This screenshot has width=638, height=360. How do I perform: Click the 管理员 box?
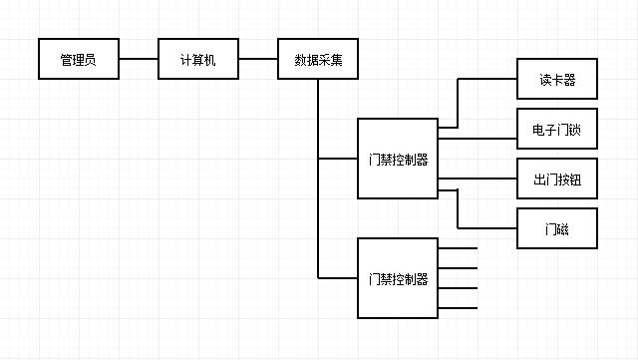(x=78, y=60)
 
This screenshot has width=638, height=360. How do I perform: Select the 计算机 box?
(x=197, y=60)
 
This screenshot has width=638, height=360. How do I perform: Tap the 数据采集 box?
(x=318, y=60)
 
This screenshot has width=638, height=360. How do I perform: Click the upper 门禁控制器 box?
(x=397, y=159)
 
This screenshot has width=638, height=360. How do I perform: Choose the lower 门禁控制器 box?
(x=397, y=278)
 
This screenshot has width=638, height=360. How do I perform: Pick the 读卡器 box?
(x=557, y=79)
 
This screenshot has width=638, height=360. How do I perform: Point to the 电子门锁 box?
(x=557, y=129)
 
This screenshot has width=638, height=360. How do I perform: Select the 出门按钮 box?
(x=557, y=179)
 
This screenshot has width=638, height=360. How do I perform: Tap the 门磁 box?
(x=557, y=228)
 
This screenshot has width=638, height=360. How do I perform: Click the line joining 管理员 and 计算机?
(x=138, y=60)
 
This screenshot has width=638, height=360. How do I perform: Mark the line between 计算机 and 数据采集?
(x=257, y=60)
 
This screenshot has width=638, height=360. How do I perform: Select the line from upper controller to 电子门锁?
(x=477, y=139)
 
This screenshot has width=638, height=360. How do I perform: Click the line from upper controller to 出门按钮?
(x=477, y=179)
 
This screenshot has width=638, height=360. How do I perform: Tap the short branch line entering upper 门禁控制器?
(x=338, y=159)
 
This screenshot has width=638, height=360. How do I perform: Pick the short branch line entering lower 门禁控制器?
(x=338, y=277)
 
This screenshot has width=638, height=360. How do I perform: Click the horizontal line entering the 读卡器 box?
(x=487, y=79)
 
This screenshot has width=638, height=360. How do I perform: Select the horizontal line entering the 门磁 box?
(x=487, y=228)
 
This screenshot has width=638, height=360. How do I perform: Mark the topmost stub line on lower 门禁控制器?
(x=458, y=248)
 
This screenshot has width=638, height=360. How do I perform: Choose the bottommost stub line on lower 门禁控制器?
(x=458, y=307)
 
